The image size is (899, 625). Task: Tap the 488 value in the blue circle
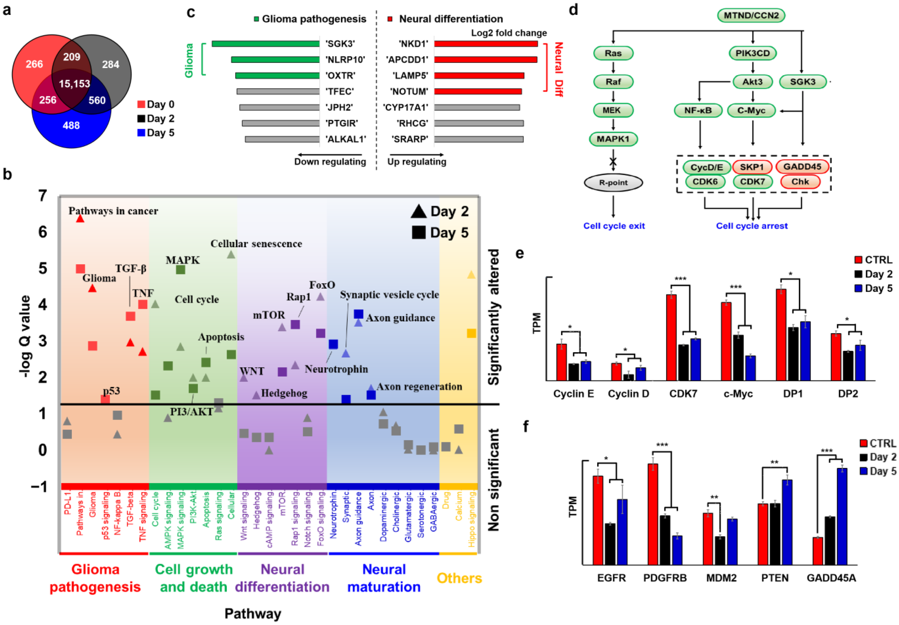coord(71,125)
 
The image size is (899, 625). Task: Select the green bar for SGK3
coord(266,44)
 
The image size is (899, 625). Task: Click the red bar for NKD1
coord(486,44)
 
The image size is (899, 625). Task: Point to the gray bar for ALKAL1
coord(282,139)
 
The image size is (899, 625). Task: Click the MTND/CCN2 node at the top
coord(751,16)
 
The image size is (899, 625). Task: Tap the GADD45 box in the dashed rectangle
coord(802,167)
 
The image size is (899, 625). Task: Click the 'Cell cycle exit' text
coord(614,226)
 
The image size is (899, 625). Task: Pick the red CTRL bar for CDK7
coord(671,337)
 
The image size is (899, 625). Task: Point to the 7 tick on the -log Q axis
coord(42,196)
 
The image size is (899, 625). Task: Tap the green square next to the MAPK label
coord(180,270)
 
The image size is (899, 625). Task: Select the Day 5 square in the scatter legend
coord(418,233)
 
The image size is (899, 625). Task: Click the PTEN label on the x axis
coord(774,578)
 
